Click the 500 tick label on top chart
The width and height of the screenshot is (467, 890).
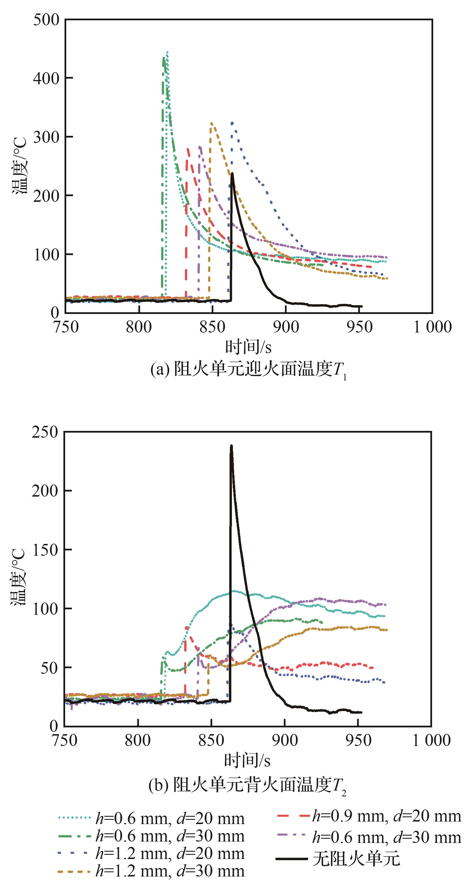(x=46, y=20)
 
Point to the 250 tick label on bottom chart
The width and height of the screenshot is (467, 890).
(x=45, y=432)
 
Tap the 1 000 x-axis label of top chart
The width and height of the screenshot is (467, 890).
(x=432, y=327)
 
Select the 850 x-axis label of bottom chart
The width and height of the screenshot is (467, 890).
(x=211, y=740)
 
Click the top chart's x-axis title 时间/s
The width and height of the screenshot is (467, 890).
(x=248, y=347)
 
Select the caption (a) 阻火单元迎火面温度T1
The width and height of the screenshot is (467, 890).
(x=248, y=370)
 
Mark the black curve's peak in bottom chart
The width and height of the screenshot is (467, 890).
(x=231, y=446)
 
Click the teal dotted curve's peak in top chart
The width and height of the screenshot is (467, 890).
(x=167, y=52)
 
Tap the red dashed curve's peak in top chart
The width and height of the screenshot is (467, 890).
(x=187, y=149)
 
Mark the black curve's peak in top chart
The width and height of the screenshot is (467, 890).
(x=232, y=173)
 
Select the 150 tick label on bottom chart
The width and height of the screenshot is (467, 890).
(x=45, y=550)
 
